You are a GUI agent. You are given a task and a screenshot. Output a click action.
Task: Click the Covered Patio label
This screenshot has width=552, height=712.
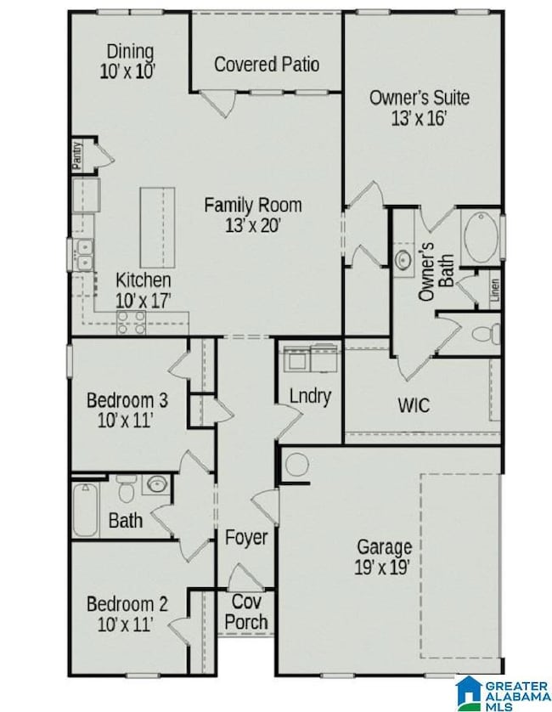267,64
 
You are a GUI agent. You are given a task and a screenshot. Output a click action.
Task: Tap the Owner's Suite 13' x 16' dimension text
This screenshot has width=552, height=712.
419,117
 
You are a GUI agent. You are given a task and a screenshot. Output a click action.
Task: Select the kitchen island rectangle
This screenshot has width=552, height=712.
157,227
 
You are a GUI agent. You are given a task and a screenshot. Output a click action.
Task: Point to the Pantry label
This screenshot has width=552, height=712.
76,157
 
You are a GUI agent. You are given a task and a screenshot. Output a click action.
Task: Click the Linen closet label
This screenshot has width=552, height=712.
494,291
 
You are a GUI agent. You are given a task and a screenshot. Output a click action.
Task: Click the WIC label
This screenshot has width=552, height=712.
414,404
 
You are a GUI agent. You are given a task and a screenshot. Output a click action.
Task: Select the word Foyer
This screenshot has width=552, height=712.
246,537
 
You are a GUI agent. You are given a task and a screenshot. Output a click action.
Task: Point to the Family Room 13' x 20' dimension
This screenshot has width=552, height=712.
252,225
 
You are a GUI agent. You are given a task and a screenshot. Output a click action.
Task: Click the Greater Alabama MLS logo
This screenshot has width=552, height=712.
501,692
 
